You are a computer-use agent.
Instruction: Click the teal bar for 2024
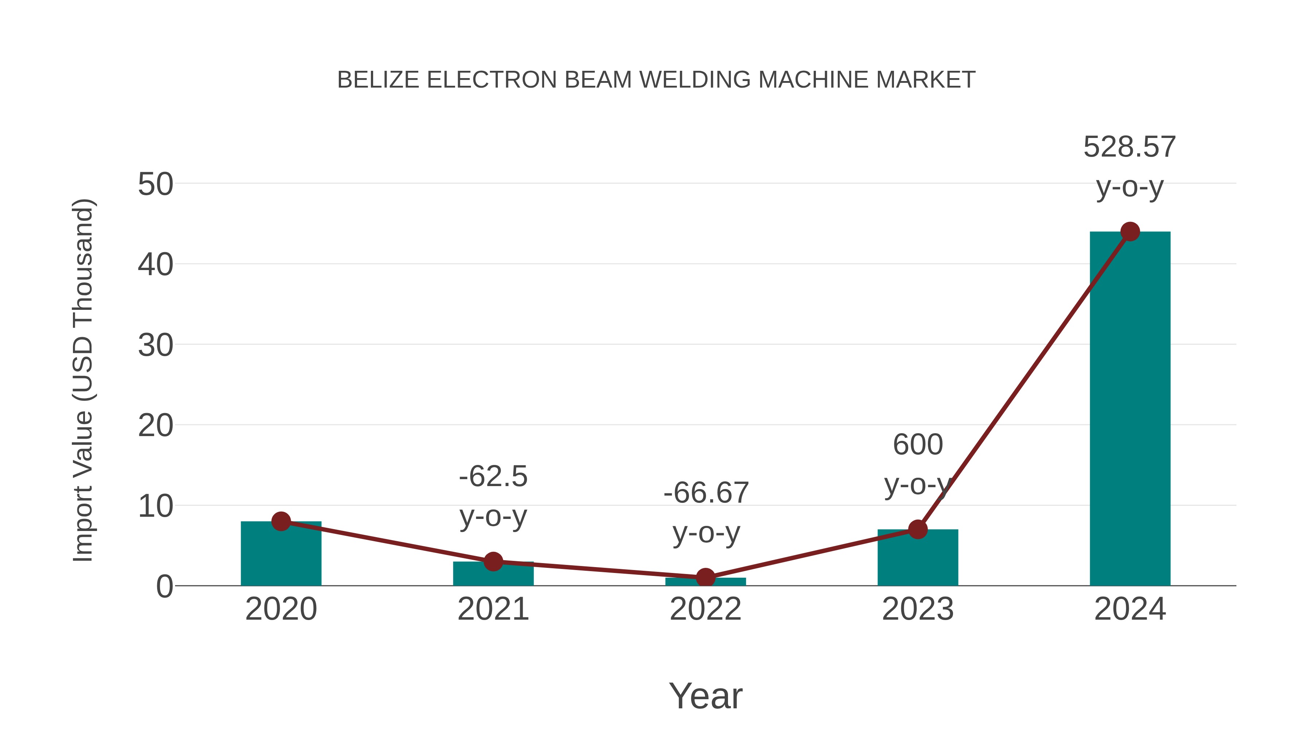(1130, 408)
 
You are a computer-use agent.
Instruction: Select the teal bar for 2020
(281, 556)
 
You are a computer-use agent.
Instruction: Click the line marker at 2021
(493, 562)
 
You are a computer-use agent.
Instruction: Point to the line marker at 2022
(705, 577)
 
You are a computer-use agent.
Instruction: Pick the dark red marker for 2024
(1130, 231)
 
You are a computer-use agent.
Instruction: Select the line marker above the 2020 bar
(281, 521)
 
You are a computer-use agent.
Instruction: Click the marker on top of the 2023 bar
(918, 530)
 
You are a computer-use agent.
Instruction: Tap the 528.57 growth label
(1130, 147)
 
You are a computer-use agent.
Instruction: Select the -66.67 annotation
(705, 493)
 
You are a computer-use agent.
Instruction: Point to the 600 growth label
(918, 445)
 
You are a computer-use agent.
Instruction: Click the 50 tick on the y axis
(155, 184)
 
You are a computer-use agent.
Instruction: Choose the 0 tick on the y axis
(164, 586)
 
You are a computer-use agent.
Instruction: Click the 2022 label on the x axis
(705, 609)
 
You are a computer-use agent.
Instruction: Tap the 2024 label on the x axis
(1130, 609)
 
